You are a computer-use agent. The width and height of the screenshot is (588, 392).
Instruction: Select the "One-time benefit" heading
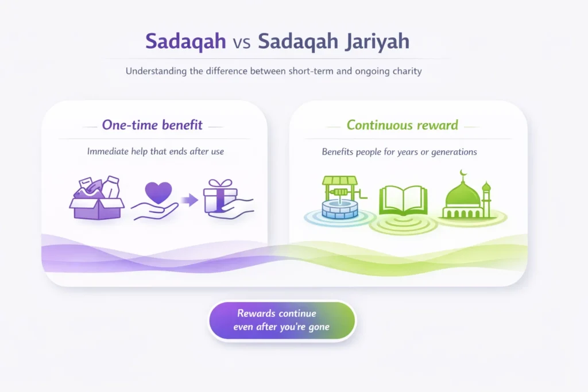[x=152, y=125]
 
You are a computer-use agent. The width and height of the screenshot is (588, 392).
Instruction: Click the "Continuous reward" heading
[x=403, y=125]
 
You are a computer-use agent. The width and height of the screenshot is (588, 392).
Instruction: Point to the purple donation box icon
[x=96, y=199]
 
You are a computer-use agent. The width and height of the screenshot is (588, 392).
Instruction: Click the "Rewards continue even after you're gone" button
[x=281, y=321]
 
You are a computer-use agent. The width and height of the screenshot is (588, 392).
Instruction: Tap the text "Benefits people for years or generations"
[x=399, y=153]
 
